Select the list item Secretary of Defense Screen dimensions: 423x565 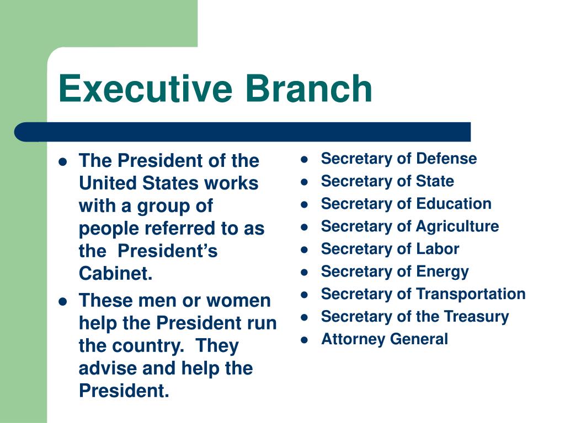coord(398,159)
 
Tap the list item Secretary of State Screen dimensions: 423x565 coord(387,181)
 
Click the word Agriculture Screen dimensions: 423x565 coord(457,226)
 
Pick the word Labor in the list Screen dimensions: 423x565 coord(438,249)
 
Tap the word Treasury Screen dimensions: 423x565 coord(479,317)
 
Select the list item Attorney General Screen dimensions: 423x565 coord(385,339)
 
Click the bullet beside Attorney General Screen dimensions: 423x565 coord(304,340)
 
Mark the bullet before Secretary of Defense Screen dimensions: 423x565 coord(304,159)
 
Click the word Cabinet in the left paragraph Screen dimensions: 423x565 coord(115,274)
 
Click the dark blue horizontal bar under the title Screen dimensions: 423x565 coord(243,132)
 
